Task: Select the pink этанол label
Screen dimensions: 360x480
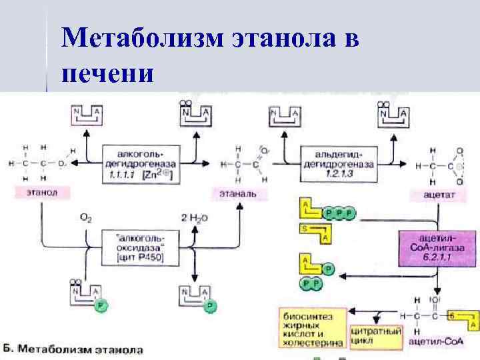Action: click(42, 193)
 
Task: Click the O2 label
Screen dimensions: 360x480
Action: click(86, 217)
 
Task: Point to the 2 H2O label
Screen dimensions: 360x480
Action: click(194, 217)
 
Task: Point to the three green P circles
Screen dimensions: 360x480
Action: click(341, 213)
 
